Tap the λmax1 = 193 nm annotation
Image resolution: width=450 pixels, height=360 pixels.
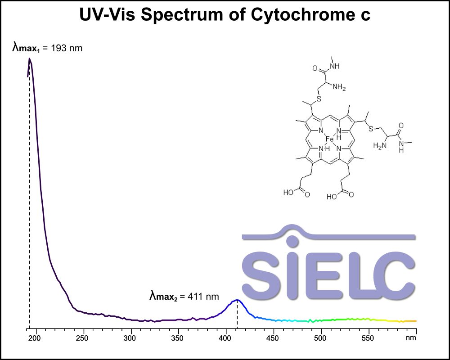coord(47,48)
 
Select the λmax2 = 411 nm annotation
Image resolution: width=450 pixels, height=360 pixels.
coord(184,296)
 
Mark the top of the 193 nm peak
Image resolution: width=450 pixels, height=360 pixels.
coord(30,58)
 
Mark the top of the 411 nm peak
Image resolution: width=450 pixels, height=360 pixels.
coord(237,300)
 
